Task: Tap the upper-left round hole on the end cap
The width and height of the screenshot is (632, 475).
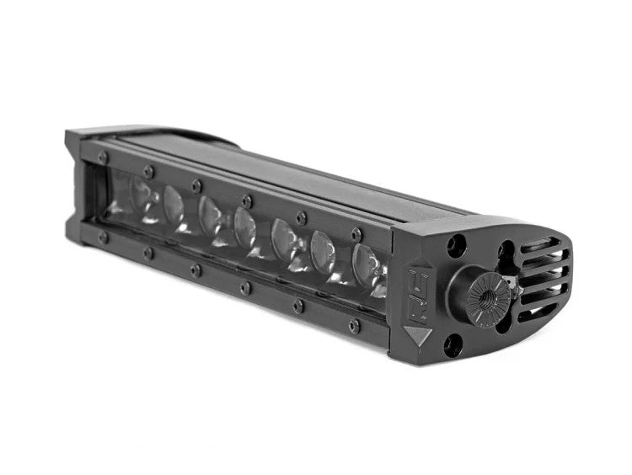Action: point(456,245)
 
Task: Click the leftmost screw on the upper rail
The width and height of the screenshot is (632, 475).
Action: point(103,157)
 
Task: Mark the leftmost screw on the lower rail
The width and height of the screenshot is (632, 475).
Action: point(103,237)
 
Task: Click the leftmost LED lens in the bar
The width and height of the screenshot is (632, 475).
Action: point(143,197)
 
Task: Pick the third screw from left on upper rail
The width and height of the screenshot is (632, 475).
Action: point(196,185)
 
